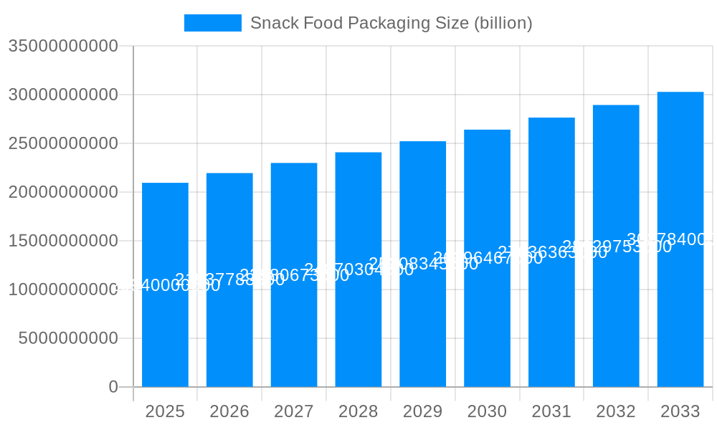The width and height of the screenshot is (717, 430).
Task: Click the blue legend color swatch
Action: tap(212, 23)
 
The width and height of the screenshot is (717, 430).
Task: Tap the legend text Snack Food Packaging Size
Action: tap(391, 23)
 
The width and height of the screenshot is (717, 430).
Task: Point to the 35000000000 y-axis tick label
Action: tap(63, 46)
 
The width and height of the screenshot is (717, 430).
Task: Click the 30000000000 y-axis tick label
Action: tap(63, 95)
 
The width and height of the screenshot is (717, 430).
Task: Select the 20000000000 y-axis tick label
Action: tap(63, 192)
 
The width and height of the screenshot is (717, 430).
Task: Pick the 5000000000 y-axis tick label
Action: tap(68, 338)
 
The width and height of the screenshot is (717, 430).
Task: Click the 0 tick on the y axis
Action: tap(113, 387)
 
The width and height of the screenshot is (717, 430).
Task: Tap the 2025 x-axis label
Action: tap(165, 411)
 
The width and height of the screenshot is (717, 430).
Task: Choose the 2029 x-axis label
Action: tap(423, 411)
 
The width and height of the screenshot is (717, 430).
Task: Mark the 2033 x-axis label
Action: tap(680, 411)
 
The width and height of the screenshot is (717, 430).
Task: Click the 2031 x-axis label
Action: tap(551, 411)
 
